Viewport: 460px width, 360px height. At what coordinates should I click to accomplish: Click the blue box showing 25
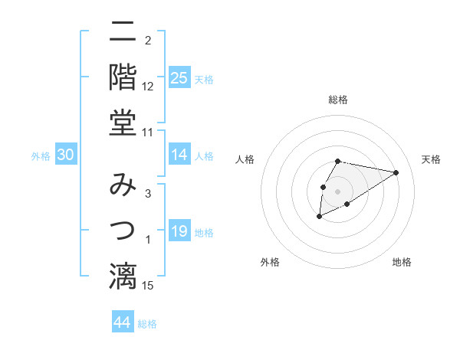click(x=179, y=77)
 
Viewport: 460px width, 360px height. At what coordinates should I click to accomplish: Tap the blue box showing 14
click(x=179, y=155)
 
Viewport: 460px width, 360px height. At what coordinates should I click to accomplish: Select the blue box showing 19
click(x=179, y=231)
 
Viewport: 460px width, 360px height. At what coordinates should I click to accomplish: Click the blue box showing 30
click(x=65, y=155)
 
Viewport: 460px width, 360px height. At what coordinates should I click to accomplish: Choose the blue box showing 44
click(x=122, y=322)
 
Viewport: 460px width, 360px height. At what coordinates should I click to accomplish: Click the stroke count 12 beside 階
click(x=148, y=87)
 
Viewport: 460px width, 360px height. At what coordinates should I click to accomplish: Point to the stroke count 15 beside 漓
click(x=148, y=286)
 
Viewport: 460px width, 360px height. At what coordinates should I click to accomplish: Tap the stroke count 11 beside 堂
click(x=148, y=132)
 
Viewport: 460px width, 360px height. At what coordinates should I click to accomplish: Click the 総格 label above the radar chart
click(x=338, y=100)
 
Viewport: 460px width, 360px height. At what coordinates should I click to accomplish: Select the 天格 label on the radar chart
click(x=431, y=159)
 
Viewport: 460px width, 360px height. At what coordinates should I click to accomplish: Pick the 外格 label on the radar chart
click(x=270, y=262)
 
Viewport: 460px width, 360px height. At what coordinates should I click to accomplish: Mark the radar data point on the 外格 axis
click(x=320, y=218)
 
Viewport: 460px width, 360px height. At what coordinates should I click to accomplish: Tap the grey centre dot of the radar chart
click(x=338, y=191)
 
